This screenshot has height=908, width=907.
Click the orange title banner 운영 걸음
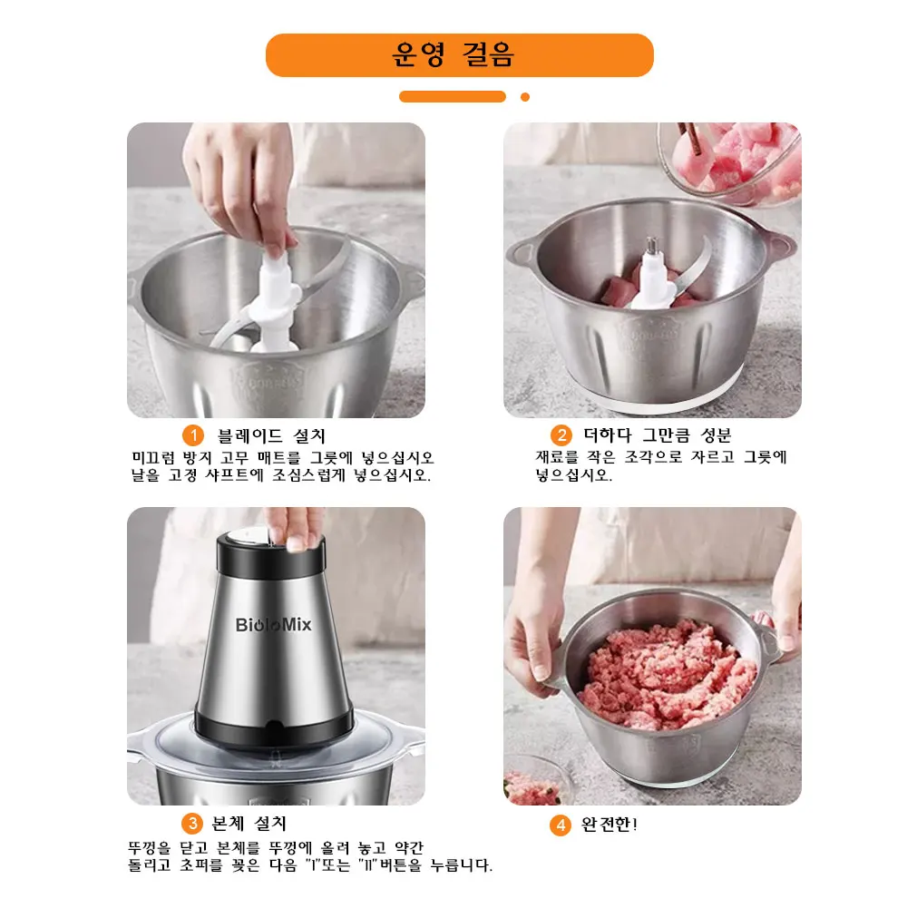pos(459,55)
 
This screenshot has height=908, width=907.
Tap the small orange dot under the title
pos(525,97)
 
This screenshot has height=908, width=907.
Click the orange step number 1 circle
pos(192,434)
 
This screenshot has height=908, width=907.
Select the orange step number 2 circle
pos(561,434)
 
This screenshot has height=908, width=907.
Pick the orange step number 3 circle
pos(192,824)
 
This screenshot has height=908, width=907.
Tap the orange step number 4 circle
pos(561,825)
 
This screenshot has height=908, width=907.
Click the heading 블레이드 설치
pos(271,435)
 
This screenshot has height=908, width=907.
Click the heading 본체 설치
pos(249,824)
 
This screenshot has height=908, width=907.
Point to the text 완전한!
pos(609,825)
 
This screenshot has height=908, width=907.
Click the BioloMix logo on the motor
pos(273,626)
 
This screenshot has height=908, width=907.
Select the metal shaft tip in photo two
pos(651,245)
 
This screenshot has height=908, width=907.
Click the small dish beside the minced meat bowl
pos(535,780)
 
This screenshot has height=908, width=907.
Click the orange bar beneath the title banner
pos(452,97)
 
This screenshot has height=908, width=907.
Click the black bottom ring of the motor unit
pos(273,725)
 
